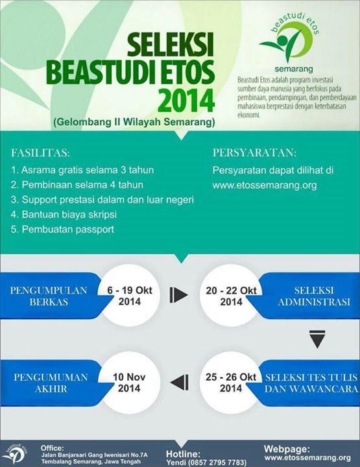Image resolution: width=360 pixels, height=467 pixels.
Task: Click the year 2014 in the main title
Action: pos(187,101)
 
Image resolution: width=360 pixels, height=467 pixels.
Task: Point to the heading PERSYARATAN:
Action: pos(255,154)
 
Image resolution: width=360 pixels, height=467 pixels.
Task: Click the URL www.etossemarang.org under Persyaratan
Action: pos(265,185)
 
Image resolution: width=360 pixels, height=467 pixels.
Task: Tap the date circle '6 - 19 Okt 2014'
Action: pos(129,296)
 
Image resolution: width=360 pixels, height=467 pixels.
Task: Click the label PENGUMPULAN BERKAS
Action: pos(49,296)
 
